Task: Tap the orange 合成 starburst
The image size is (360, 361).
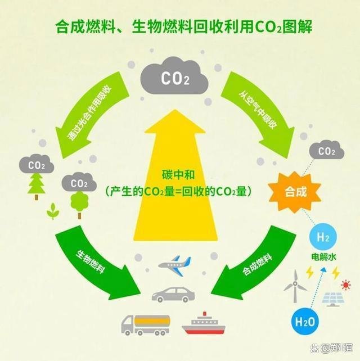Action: click(x=295, y=192)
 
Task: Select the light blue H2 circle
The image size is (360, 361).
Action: click(x=323, y=237)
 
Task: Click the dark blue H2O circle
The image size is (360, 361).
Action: click(x=305, y=322)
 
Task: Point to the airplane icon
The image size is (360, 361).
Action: click(x=174, y=265)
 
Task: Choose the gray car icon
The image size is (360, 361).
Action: click(x=173, y=295)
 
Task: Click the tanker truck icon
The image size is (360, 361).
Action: click(x=146, y=324)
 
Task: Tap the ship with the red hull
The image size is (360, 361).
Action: click(x=204, y=323)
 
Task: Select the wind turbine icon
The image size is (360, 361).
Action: click(x=295, y=286)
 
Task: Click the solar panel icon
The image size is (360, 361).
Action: click(x=333, y=299)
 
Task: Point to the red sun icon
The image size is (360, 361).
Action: click(x=345, y=285)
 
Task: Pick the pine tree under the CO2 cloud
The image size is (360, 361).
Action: click(x=36, y=186)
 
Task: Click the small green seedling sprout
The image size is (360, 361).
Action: click(x=53, y=211)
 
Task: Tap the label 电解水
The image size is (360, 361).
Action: click(x=323, y=257)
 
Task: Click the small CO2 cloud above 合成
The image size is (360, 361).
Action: click(x=327, y=151)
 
